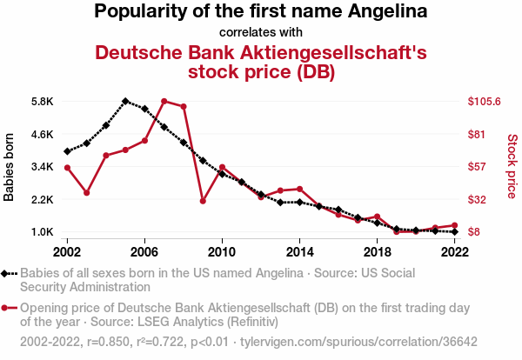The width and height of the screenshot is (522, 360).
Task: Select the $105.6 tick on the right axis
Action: tap(485, 102)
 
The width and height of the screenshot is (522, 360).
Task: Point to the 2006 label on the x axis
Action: tap(144, 251)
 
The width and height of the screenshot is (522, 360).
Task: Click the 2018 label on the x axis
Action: tap(377, 251)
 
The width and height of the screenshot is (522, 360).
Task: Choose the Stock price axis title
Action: tap(512, 165)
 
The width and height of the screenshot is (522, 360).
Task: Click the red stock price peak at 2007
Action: tap(164, 102)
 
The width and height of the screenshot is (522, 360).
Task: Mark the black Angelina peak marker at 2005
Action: tap(125, 101)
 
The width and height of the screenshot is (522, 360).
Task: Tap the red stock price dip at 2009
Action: tap(203, 201)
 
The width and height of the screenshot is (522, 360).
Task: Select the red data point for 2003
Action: tap(87, 192)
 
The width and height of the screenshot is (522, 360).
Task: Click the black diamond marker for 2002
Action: tap(68, 151)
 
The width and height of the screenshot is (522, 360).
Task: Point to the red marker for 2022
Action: tap(454, 226)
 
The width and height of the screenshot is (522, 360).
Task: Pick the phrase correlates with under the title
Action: tap(261, 33)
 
